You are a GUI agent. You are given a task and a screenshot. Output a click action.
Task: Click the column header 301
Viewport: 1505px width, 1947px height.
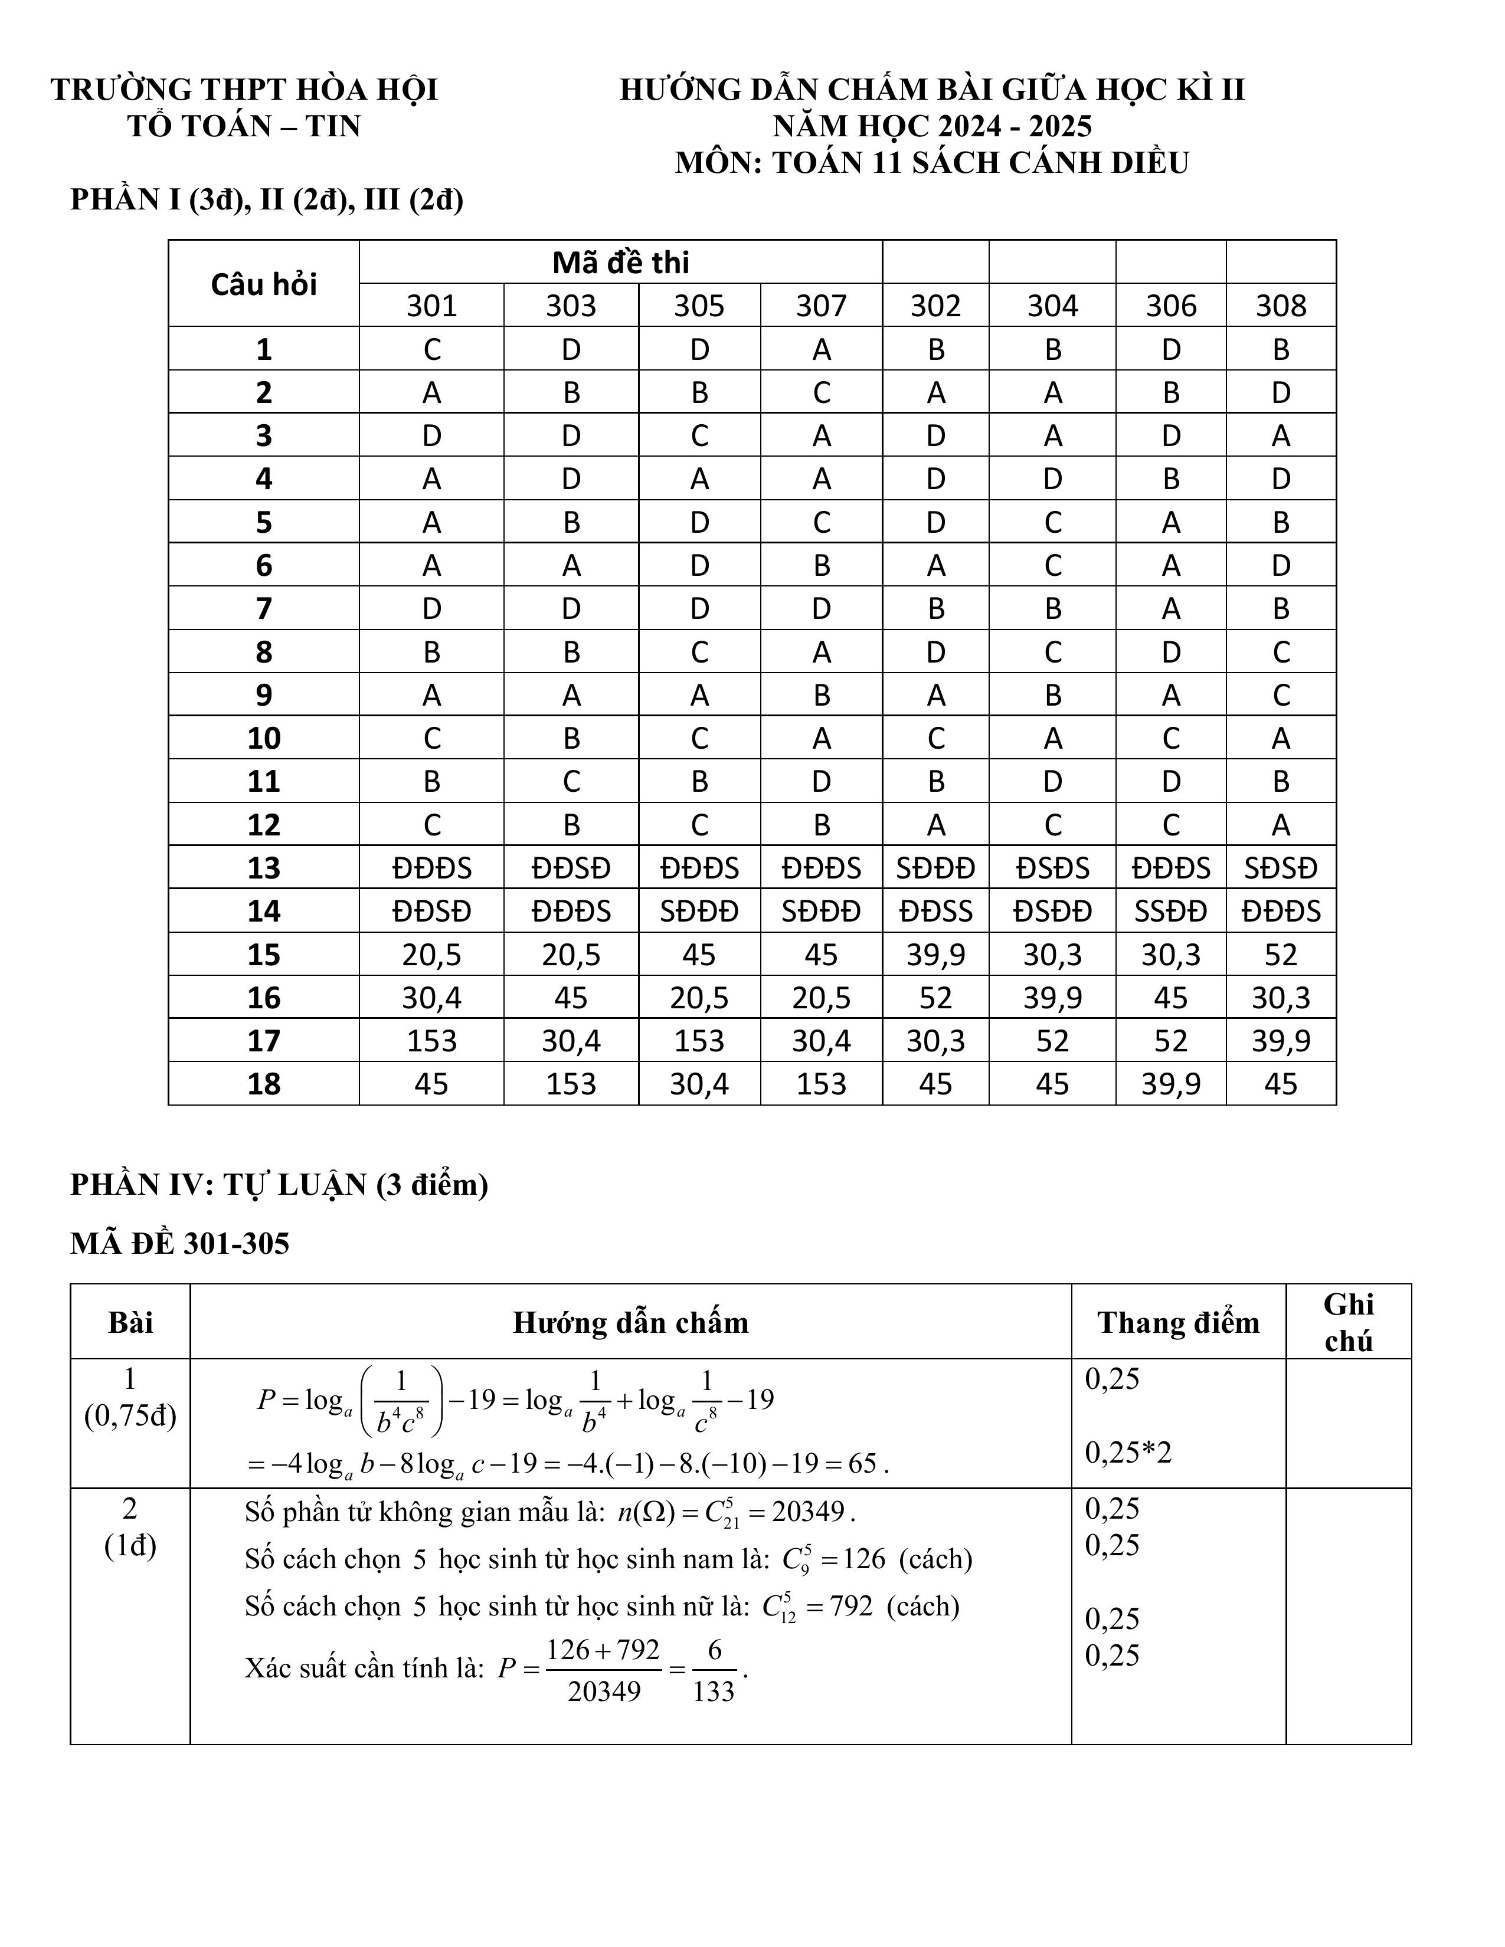(x=431, y=306)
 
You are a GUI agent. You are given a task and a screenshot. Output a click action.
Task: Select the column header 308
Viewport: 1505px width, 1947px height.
(x=1280, y=306)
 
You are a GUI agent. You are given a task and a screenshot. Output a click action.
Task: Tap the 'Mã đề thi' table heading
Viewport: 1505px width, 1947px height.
(x=620, y=262)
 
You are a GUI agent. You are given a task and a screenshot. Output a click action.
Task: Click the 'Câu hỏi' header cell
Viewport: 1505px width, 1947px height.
(x=264, y=283)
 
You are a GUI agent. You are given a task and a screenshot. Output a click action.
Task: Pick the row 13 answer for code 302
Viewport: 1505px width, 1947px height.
(x=935, y=867)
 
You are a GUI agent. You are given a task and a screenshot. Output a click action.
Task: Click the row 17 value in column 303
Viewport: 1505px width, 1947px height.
(x=571, y=1040)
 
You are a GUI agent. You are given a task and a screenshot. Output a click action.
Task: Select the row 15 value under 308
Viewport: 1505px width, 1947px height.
(x=1280, y=955)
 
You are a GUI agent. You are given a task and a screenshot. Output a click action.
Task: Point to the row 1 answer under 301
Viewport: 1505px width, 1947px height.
(x=431, y=349)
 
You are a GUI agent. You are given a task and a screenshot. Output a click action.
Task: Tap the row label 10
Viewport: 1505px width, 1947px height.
(x=264, y=738)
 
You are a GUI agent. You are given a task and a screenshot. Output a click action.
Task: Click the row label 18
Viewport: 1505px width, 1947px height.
(x=264, y=1084)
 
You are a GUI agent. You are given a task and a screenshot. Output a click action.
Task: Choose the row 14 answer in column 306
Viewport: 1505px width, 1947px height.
(x=1171, y=911)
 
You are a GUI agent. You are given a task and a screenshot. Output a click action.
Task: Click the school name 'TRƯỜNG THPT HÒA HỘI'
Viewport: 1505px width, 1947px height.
(x=244, y=89)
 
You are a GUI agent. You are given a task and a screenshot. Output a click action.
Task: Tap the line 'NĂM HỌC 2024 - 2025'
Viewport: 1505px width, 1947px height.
(x=932, y=126)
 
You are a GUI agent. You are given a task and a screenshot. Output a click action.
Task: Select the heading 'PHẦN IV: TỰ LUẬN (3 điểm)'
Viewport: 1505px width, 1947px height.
(x=279, y=1185)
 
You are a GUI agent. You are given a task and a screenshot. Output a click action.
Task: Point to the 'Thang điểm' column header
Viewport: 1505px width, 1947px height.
(x=1178, y=1323)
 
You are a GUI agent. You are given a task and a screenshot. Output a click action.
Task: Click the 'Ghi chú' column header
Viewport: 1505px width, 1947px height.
(x=1348, y=1323)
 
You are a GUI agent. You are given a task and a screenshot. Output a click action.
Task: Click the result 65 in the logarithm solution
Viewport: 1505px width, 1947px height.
(x=862, y=1464)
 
